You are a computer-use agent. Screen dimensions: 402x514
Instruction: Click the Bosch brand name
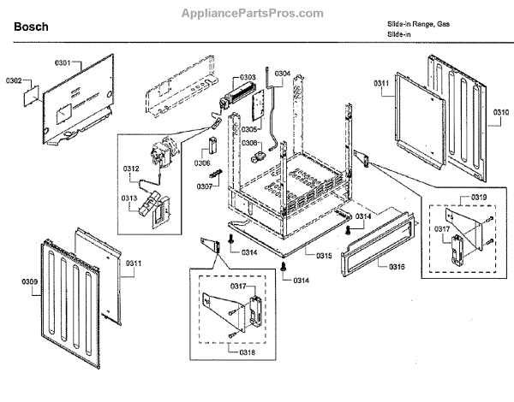32,28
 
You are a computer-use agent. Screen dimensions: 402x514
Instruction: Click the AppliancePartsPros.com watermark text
252,14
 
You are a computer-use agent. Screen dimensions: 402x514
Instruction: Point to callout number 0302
14,80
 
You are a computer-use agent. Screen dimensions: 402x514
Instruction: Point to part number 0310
500,113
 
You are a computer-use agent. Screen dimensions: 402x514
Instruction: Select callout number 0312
129,168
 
